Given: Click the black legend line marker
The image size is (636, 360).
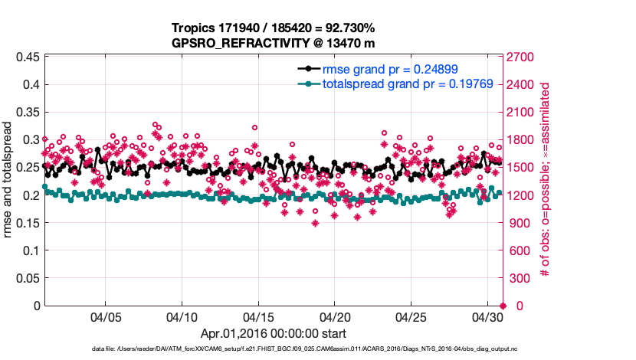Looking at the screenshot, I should point(308,69).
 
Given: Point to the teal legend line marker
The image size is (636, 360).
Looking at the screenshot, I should point(308,83).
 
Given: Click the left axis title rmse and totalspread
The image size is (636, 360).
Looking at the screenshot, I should point(9,181).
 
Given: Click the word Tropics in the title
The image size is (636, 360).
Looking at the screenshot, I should point(192,28).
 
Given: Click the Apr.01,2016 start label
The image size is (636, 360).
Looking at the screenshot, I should point(273,333).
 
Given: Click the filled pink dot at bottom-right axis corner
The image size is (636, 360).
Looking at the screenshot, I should point(502,306).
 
